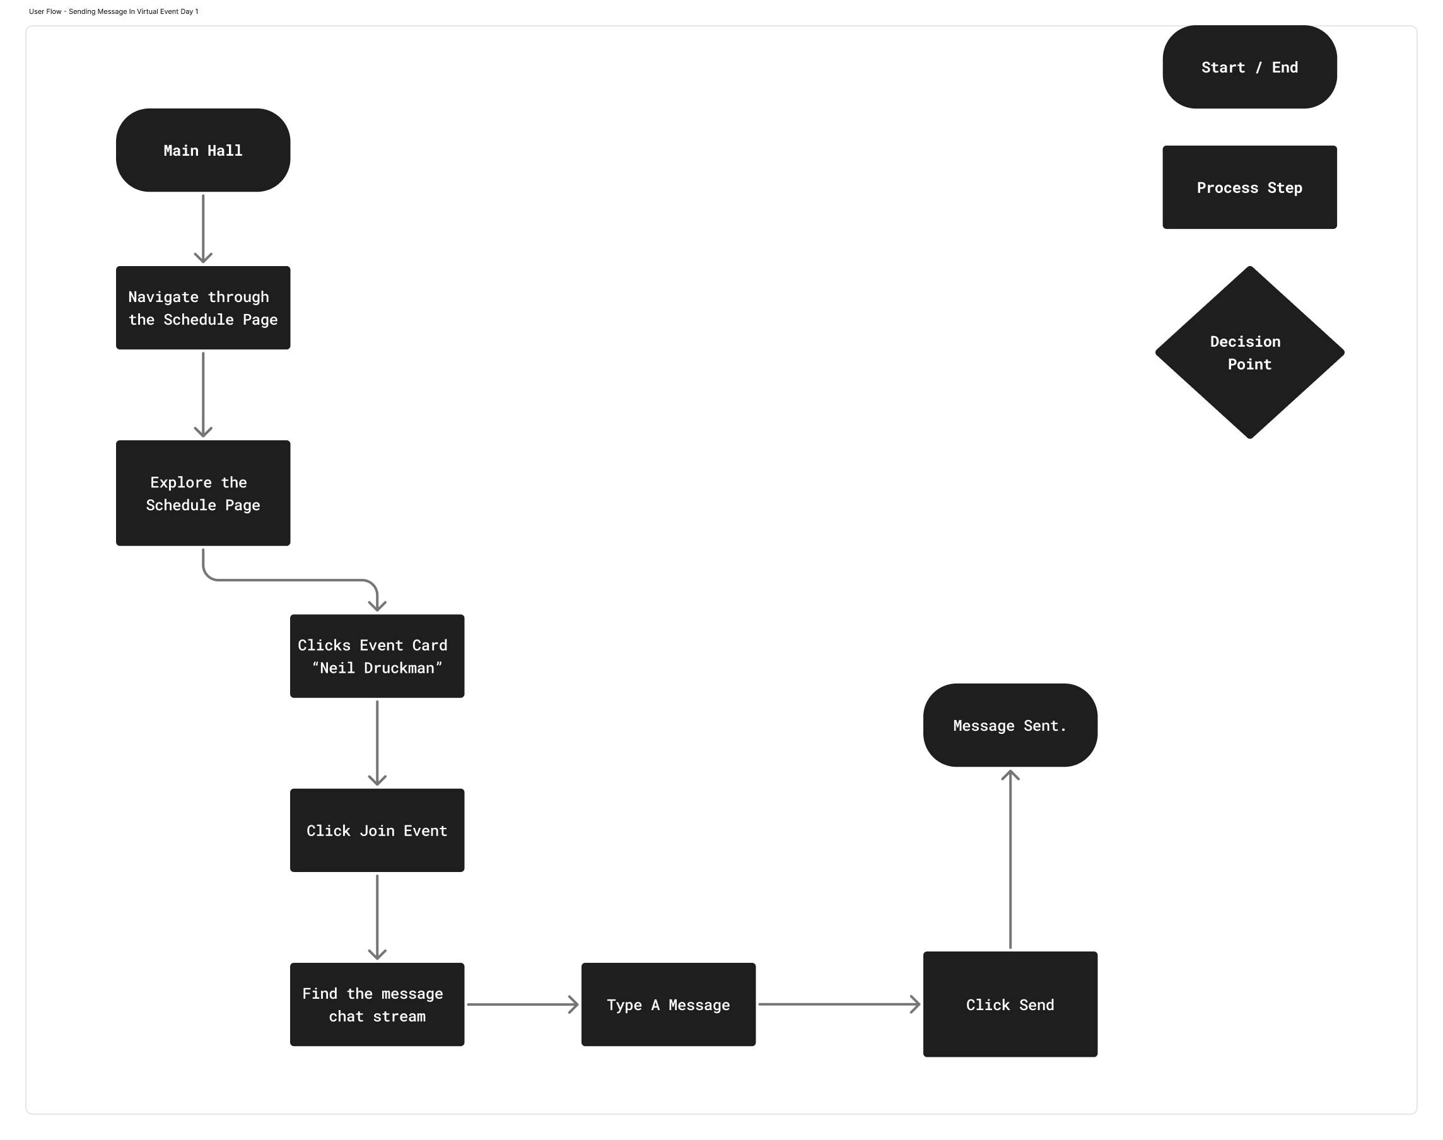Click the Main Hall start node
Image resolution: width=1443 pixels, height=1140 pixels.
(203, 150)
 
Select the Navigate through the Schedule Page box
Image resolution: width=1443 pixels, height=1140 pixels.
(203, 308)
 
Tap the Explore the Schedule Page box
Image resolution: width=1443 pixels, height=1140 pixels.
(203, 492)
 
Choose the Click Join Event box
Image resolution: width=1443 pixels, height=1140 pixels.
(377, 830)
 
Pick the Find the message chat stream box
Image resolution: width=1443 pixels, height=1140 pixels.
(377, 1004)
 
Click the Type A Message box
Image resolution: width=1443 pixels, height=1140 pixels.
(668, 1004)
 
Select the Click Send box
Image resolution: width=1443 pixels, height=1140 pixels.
(1010, 1004)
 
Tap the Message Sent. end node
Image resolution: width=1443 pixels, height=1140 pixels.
(1010, 725)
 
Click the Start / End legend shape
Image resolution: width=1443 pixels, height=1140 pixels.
(1249, 67)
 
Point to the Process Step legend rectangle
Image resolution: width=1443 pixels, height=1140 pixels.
(1249, 187)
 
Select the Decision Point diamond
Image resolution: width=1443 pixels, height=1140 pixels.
(1249, 352)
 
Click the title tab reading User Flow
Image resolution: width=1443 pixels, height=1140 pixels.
(114, 11)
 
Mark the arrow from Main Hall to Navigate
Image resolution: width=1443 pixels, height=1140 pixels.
(203, 227)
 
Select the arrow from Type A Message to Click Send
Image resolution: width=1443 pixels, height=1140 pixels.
(838, 1004)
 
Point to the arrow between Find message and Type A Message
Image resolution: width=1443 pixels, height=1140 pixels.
(522, 1004)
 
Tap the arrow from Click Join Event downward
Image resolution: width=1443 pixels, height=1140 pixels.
(377, 916)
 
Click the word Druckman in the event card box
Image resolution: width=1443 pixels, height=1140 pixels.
(399, 668)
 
